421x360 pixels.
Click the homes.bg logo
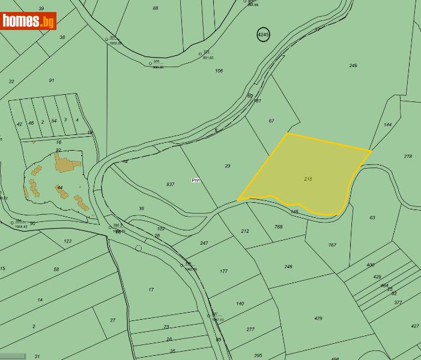tap(29, 21)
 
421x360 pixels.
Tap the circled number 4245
tap(263, 35)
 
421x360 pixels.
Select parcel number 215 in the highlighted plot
tap(308, 179)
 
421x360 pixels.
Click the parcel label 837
tap(171, 184)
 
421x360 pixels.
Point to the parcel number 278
tap(408, 157)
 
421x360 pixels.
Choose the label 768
tap(278, 227)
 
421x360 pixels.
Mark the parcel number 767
tap(332, 245)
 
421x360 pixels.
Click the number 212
tap(244, 231)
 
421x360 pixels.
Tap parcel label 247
tap(204, 243)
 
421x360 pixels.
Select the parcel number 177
tap(223, 271)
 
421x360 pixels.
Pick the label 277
tap(250, 329)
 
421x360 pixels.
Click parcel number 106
tap(219, 71)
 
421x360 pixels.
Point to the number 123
tap(67, 241)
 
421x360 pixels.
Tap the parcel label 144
tap(387, 125)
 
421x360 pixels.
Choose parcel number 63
tap(372, 218)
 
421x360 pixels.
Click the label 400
tap(370, 265)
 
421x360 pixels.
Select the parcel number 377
tap(398, 302)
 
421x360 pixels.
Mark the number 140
tap(240, 304)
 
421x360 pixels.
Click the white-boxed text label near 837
tap(196, 180)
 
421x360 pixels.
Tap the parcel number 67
tap(271, 121)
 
